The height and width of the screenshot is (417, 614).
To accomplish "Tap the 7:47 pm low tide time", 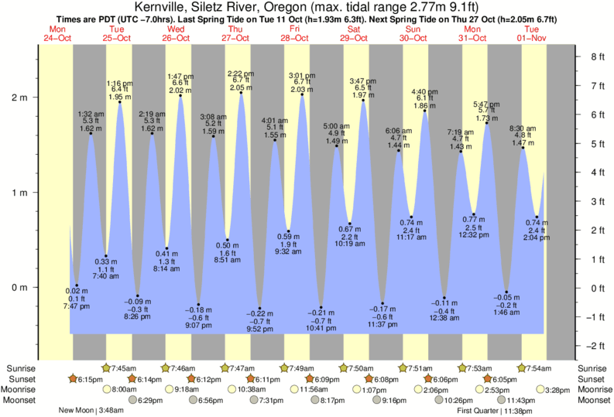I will click(x=76, y=307).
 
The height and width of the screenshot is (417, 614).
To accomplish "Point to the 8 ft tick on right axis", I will click(x=596, y=56).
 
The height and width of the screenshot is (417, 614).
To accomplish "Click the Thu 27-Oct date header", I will click(x=235, y=33).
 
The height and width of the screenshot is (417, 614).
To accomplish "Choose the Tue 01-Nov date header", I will click(x=532, y=33).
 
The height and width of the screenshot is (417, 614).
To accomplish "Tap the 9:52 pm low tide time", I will click(x=260, y=328).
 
